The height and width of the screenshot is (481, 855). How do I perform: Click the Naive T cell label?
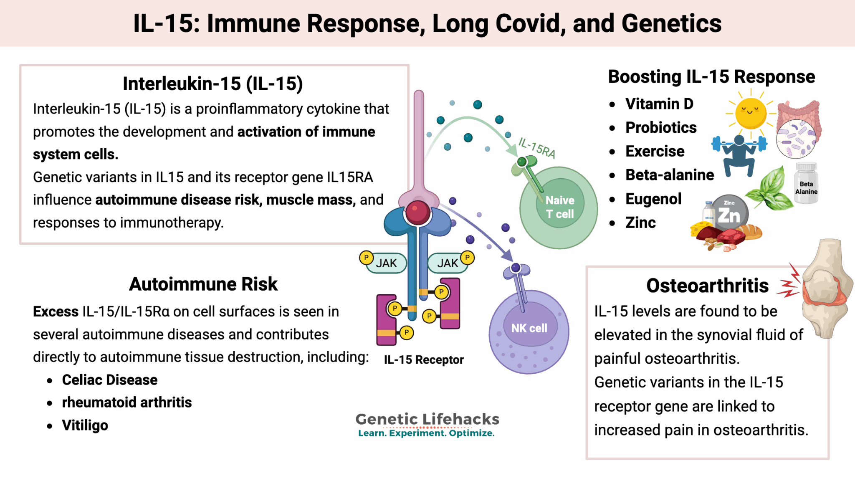click(560, 207)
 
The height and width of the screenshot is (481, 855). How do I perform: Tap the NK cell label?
click(529, 328)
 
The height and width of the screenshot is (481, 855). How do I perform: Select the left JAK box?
click(386, 263)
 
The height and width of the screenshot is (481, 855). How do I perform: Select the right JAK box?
click(447, 263)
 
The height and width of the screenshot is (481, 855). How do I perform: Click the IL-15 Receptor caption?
click(423, 359)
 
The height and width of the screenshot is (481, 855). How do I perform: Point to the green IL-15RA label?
click(537, 148)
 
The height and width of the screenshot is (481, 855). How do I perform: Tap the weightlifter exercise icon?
click(739, 154)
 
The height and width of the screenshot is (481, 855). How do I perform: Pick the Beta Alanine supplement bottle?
click(806, 184)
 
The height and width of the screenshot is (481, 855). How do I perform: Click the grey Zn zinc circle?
click(729, 214)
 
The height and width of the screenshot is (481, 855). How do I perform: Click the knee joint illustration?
click(827, 288)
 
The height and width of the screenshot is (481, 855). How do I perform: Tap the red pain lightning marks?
click(789, 282)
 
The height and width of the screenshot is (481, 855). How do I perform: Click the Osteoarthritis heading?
click(707, 286)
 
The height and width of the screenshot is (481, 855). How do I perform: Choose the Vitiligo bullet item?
click(85, 425)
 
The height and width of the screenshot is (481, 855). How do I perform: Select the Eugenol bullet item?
click(653, 199)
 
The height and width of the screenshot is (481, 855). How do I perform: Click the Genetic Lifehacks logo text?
click(427, 419)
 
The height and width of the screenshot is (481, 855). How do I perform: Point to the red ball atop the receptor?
click(417, 212)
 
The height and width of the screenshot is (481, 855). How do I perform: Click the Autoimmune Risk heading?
click(203, 284)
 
